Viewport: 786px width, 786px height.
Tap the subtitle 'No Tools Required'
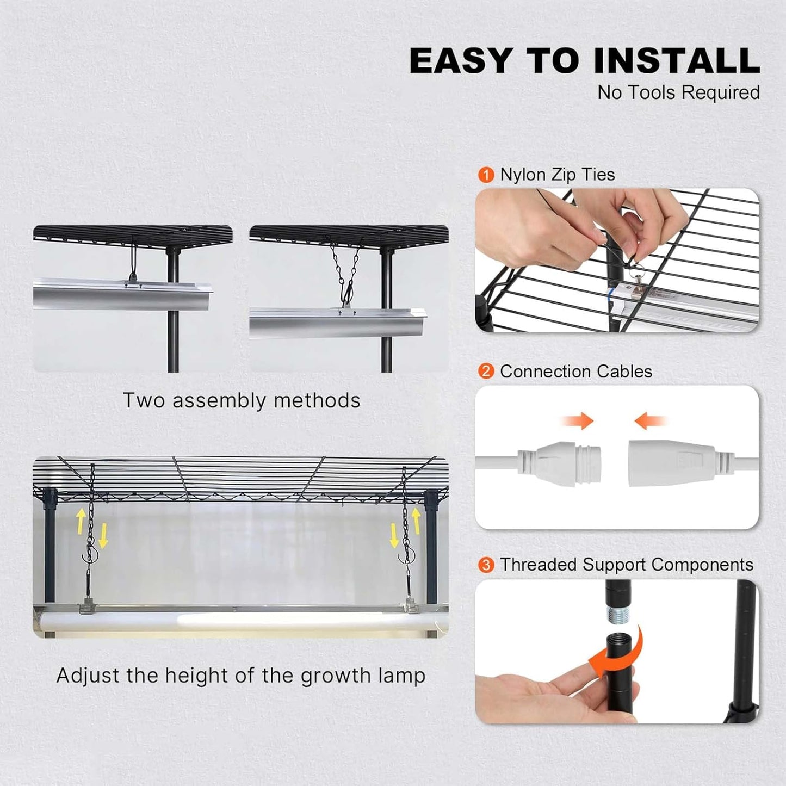(x=678, y=92)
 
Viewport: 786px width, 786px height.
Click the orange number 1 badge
(x=486, y=175)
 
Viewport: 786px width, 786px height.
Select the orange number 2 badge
(x=486, y=372)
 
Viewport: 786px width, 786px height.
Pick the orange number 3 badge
(x=486, y=565)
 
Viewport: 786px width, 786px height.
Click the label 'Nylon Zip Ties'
(x=557, y=175)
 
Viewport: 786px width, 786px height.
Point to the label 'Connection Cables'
(x=575, y=372)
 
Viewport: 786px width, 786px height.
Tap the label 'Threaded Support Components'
(x=626, y=565)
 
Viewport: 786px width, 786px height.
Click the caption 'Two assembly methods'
(x=242, y=400)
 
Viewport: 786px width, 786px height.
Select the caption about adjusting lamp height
(x=241, y=676)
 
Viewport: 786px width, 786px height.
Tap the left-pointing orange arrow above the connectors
(x=650, y=420)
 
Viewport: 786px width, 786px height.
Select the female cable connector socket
(x=672, y=463)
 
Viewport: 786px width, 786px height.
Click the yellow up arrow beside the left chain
(x=81, y=519)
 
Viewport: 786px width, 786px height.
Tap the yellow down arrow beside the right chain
(x=394, y=536)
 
